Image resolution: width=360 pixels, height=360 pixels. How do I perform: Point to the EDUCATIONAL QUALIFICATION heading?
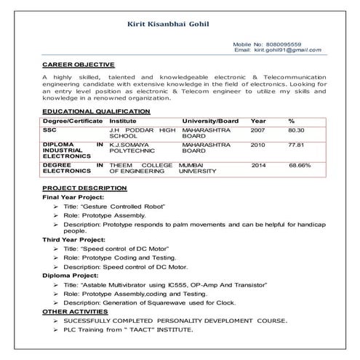pos(96,111)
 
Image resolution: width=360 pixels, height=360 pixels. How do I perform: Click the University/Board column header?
pos(210,120)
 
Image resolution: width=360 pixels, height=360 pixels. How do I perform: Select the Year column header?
pos(258,120)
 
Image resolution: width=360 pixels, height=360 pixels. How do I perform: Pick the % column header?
pos(291,120)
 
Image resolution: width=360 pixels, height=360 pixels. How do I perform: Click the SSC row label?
pos(49,129)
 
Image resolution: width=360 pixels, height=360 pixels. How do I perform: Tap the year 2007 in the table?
pos(258,129)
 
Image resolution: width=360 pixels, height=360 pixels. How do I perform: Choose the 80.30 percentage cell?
pos(295,129)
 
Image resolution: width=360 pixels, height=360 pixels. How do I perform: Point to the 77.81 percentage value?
pos(295,145)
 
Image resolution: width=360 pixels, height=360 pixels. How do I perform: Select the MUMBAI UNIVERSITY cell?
pos(198,168)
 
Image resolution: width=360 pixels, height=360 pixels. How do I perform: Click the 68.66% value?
pos(300,165)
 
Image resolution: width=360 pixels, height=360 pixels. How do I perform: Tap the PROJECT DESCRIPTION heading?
pos(84,188)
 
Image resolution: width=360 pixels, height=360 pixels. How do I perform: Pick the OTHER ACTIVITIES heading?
pos(76,311)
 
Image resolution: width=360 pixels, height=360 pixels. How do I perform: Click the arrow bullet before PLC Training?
pos(56,329)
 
